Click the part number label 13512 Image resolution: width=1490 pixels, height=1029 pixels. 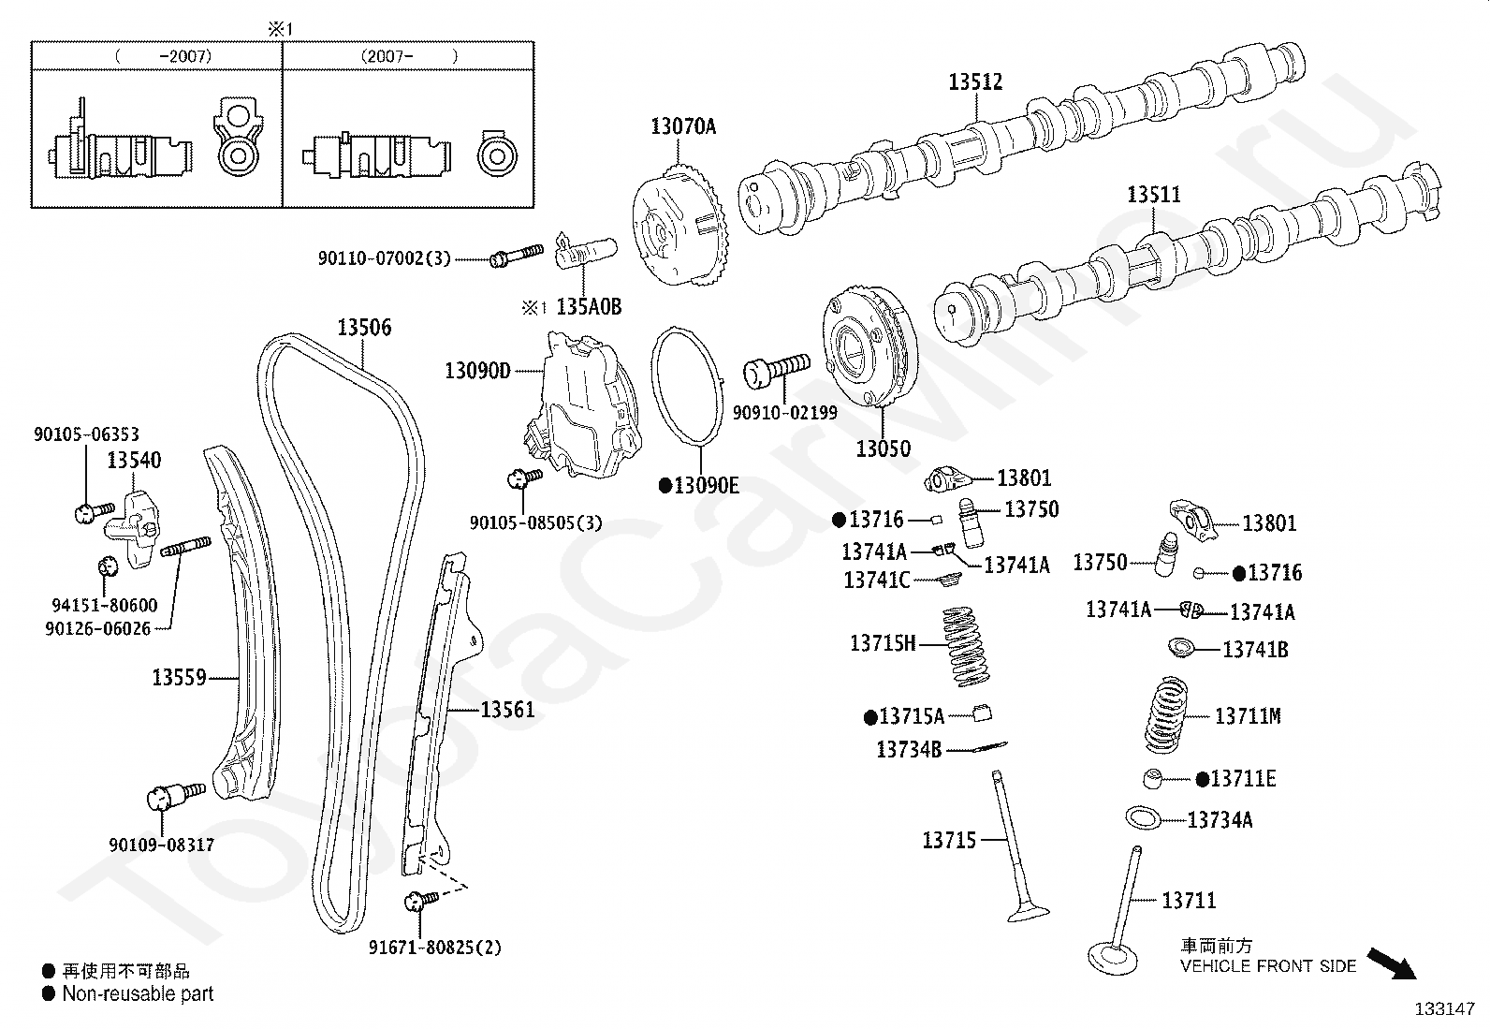click(x=975, y=81)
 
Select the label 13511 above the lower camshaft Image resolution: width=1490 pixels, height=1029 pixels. click(x=1153, y=195)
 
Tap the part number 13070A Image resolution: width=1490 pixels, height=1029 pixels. click(x=683, y=125)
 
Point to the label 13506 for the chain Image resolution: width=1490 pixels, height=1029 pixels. click(x=364, y=328)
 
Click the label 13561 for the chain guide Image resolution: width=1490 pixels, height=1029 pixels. click(x=507, y=710)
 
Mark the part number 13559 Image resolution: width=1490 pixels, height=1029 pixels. click(x=179, y=677)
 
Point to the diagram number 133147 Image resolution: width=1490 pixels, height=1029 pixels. click(x=1444, y=1009)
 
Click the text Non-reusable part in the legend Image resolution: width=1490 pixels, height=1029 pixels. click(x=138, y=994)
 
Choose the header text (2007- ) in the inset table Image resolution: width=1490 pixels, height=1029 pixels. click(x=409, y=56)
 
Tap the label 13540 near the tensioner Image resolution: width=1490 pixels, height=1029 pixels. click(x=134, y=460)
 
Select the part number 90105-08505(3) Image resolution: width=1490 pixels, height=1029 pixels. click(x=536, y=522)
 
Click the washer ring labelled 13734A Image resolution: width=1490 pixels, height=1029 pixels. click(x=1143, y=817)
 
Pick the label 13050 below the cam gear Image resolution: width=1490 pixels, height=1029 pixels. click(x=883, y=448)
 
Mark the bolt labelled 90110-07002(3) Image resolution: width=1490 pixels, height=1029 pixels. click(x=515, y=254)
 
